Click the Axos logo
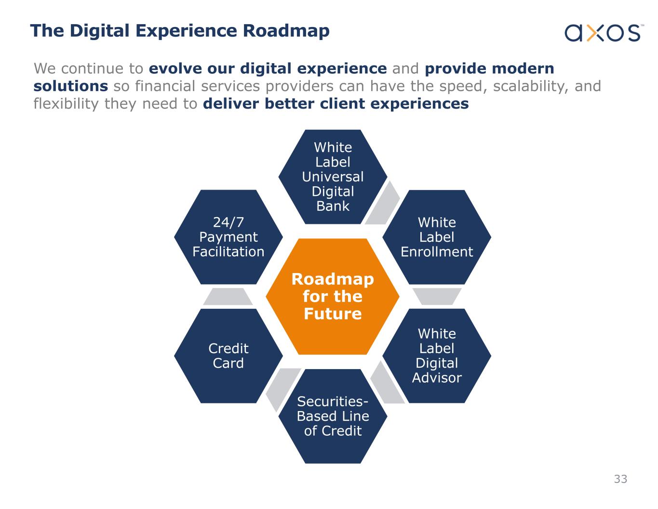pyautogui.click(x=603, y=33)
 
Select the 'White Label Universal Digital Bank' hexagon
pyautogui.click(x=333, y=177)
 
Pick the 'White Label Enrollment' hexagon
pyautogui.click(x=437, y=237)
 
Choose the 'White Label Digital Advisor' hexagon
pyautogui.click(x=437, y=356)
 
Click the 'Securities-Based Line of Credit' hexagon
pyautogui.click(x=333, y=416)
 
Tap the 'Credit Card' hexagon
pyautogui.click(x=228, y=356)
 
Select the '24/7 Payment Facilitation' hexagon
pyautogui.click(x=228, y=237)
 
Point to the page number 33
pyautogui.click(x=620, y=479)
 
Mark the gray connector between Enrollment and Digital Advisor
pyautogui.click(x=437, y=296)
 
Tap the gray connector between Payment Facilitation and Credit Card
pyautogui.click(x=228, y=296)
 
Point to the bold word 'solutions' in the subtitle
pyautogui.click(x=71, y=86)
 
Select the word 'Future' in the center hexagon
pyautogui.click(x=333, y=314)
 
